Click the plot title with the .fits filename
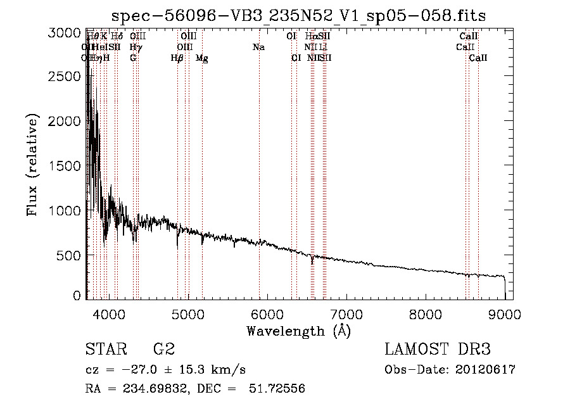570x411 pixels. [298, 16]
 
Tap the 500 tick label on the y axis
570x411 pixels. [70, 255]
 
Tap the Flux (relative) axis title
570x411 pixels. [32, 165]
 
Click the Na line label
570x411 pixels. [258, 47]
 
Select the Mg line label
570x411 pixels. [201, 58]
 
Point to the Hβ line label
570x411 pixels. [177, 58]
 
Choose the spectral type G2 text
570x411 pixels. [164, 350]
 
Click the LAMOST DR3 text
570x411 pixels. [438, 350]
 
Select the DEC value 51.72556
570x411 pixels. [279, 389]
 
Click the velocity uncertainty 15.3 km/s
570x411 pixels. [213, 370]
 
